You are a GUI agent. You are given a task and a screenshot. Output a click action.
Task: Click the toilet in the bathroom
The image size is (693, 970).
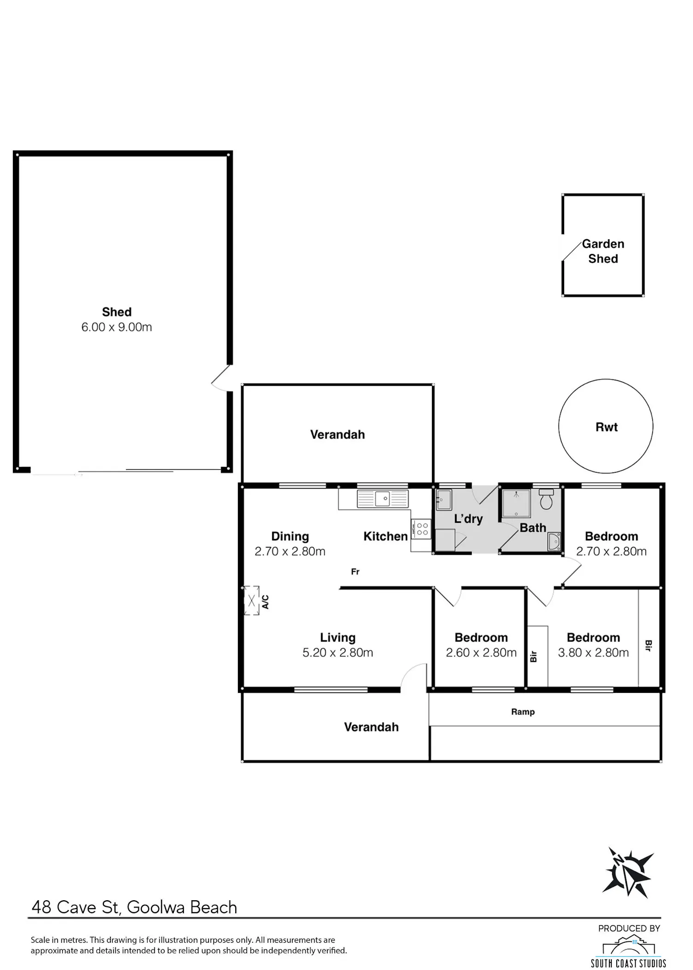point(546,499)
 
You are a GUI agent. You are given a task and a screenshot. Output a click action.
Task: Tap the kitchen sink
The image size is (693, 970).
point(383,498)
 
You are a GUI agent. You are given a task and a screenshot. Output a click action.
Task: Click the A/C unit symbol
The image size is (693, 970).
point(251,601)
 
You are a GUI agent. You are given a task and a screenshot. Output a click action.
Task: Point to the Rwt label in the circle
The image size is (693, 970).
point(606,427)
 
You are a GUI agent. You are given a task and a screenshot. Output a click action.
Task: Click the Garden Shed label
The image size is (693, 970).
point(603,251)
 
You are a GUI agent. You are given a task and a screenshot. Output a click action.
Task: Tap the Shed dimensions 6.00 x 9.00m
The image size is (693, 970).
point(116,327)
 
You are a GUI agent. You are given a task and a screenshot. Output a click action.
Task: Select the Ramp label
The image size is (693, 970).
point(523,712)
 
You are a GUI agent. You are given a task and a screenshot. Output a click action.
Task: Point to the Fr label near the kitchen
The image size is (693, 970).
point(355,572)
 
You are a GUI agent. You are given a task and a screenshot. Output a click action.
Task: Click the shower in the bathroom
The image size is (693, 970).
point(517,503)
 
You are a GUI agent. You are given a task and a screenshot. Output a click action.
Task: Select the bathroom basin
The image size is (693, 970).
point(553,541)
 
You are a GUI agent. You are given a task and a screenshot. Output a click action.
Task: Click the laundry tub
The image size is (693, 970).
point(444,500)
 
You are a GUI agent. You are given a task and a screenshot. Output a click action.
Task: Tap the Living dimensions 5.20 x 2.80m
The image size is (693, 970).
point(338,653)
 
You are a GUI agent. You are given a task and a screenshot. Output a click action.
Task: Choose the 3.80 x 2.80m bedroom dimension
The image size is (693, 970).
point(593,653)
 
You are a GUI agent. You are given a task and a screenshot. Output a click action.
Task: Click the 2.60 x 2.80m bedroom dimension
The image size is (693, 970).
point(481,653)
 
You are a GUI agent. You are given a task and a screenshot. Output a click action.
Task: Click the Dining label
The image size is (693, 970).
point(290,536)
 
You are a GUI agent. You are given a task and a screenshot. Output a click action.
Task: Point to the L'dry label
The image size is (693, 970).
point(468,519)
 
